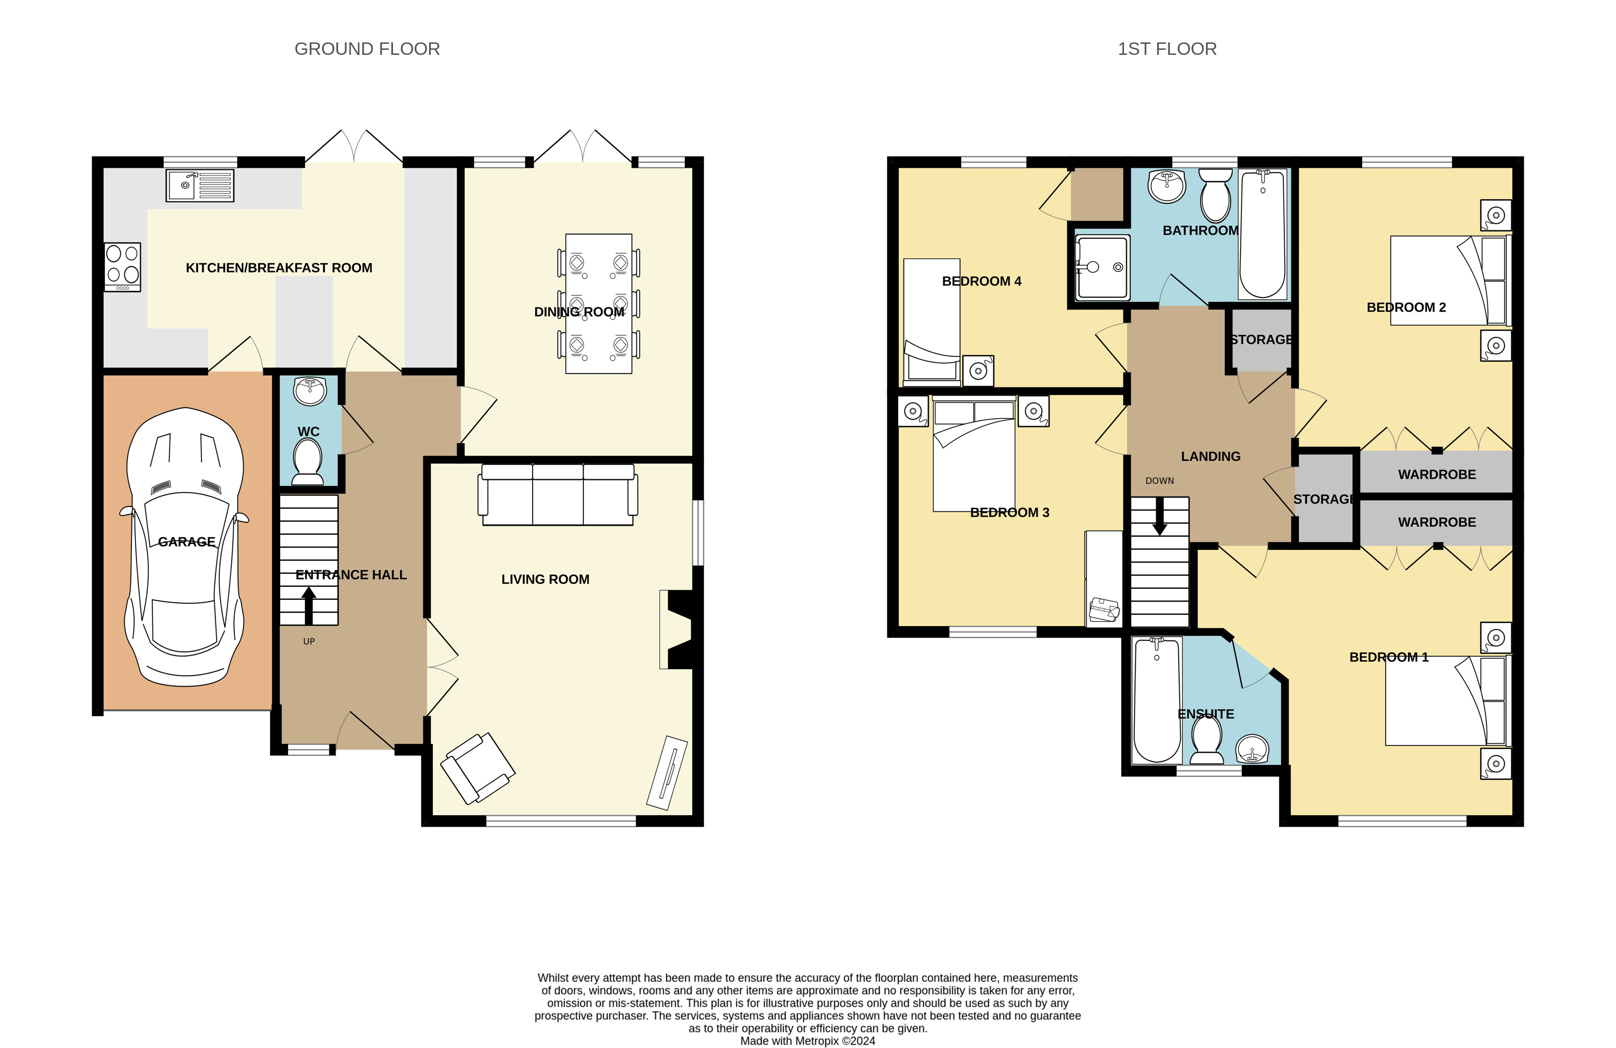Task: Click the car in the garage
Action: pos(185,547)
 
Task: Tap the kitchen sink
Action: pos(200,185)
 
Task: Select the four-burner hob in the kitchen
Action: pos(122,267)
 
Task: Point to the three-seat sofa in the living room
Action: pos(558,494)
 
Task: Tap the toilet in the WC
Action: pos(308,462)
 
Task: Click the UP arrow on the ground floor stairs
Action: pos(309,606)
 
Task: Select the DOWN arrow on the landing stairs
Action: pos(1160,515)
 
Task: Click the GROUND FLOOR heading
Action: pos(367,49)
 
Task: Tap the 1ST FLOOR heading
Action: pos(1167,49)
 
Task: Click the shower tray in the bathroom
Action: pos(1103,267)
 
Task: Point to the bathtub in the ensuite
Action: pos(1157,699)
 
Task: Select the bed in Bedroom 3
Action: pos(974,454)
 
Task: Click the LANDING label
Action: pos(1211,456)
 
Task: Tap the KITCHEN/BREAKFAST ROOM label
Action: pos(279,267)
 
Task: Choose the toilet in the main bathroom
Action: pos(1216,195)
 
